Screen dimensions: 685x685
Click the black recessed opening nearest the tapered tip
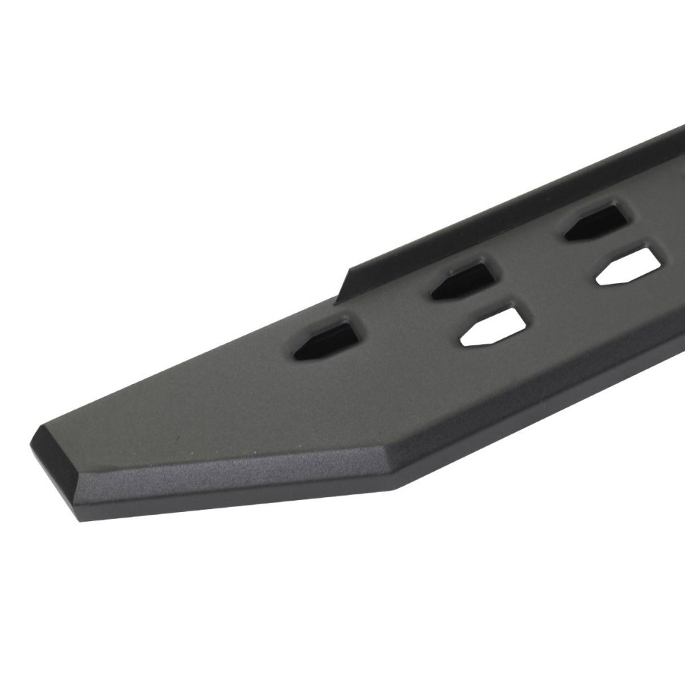coord(326,342)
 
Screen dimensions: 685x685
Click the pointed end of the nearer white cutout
coord(463,339)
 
